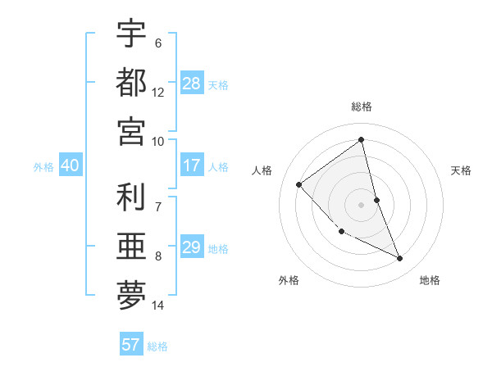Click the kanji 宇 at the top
pos(131,34)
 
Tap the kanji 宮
pos(131,130)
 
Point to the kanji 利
pos(131,197)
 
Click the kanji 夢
pos(131,294)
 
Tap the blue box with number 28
pos(192,84)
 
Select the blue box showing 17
pos(192,165)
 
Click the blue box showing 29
pos(192,247)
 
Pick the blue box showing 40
pos(70,165)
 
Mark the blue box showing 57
pos(131,345)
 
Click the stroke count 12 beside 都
pos(158,93)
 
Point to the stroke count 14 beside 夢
pos(158,306)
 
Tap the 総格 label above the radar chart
pos(362,106)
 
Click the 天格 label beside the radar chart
pos(462,170)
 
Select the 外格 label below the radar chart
pos(289,280)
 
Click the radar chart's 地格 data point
pos(400,259)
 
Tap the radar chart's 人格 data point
pos(299,184)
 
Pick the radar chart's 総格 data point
pos(362,140)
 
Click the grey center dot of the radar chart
pos(362,204)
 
